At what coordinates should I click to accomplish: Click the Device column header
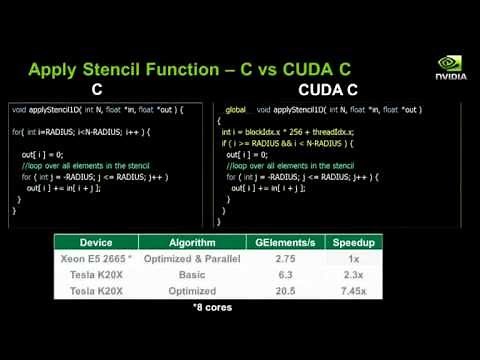point(95,241)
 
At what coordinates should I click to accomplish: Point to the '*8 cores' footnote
point(212,307)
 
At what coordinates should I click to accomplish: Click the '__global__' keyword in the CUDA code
point(236,108)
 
